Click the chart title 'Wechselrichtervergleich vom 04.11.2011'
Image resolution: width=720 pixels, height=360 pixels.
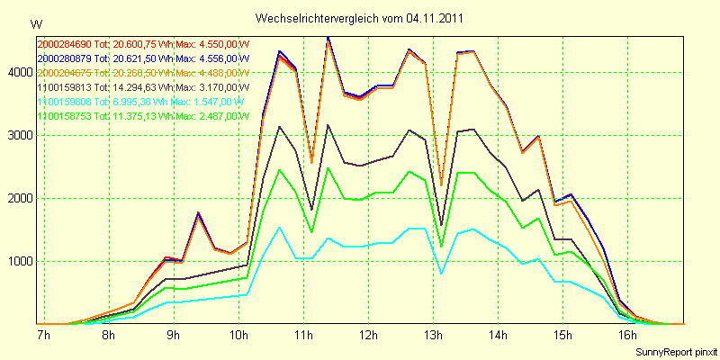tap(360, 17)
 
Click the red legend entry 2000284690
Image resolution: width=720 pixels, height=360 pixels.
tap(143, 43)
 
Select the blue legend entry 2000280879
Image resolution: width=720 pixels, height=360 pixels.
tap(143, 58)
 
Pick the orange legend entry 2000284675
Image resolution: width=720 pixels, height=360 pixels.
tap(143, 72)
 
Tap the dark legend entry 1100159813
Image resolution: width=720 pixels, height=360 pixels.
tap(143, 87)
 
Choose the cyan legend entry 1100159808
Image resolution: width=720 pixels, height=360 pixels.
tap(143, 102)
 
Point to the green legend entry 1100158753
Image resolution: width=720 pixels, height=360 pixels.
tap(143, 116)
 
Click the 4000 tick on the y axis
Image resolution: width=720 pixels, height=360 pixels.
tap(17, 73)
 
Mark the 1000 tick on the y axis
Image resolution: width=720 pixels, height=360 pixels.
tap(17, 262)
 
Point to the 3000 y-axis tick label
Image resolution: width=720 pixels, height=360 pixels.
tap(17, 136)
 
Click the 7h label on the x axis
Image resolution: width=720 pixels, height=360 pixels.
tap(43, 337)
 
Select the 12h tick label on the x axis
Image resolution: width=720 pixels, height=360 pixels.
tap(367, 337)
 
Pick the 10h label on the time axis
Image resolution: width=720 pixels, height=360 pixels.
tap(238, 337)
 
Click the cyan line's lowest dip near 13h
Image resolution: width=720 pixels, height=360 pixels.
tap(441, 273)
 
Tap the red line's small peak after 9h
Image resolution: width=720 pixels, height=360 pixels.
tap(198, 213)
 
